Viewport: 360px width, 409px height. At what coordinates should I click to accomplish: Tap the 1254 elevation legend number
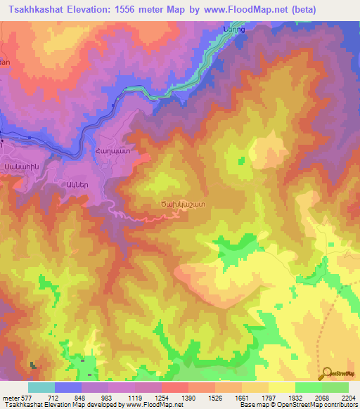[161, 398]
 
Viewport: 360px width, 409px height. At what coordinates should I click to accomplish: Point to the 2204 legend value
[349, 398]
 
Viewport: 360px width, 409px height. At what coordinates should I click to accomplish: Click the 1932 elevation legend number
[295, 398]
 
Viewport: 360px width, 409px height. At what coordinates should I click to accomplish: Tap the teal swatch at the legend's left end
[41, 387]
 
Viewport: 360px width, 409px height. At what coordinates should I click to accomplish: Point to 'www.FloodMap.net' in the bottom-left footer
[153, 405]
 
